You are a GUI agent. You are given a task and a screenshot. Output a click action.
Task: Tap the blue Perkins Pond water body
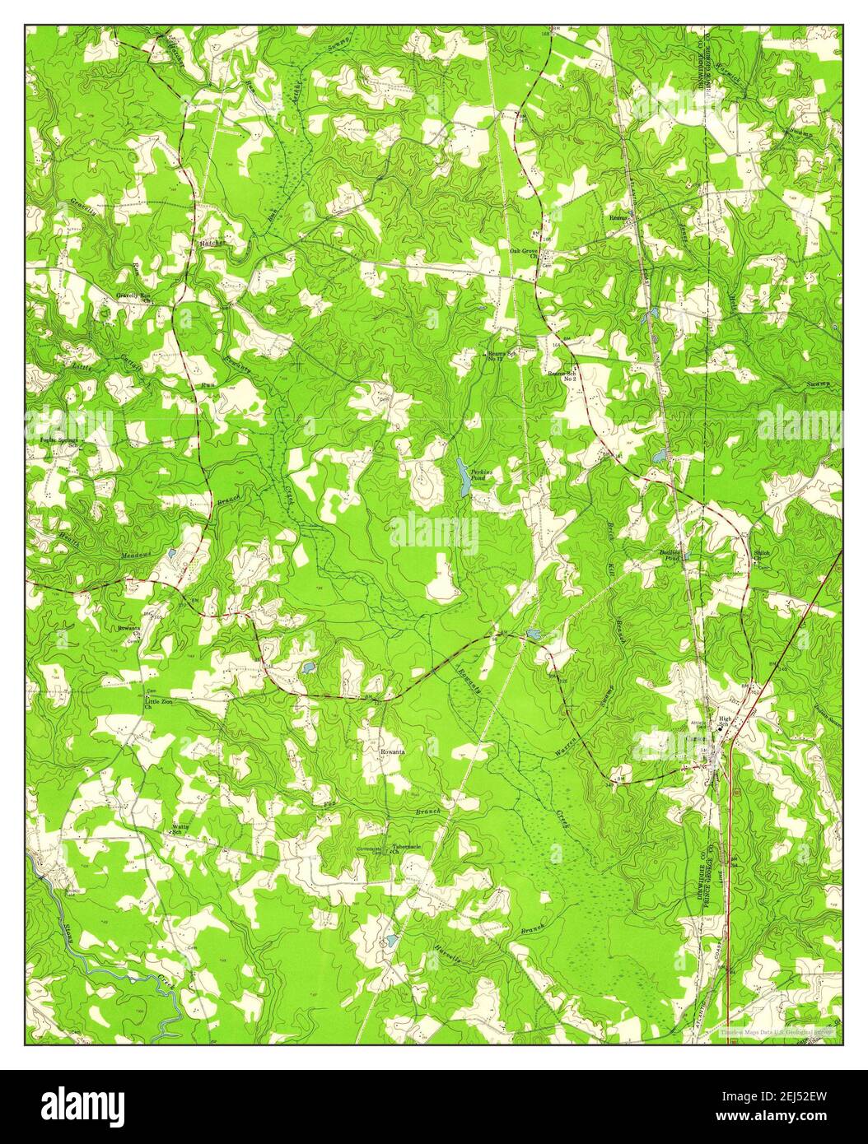coord(464,478)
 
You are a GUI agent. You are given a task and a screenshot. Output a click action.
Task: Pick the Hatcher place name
coord(208,244)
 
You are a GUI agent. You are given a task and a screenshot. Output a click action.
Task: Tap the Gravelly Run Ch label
coord(136,297)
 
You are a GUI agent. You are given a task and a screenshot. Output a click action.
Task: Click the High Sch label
coord(726,722)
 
